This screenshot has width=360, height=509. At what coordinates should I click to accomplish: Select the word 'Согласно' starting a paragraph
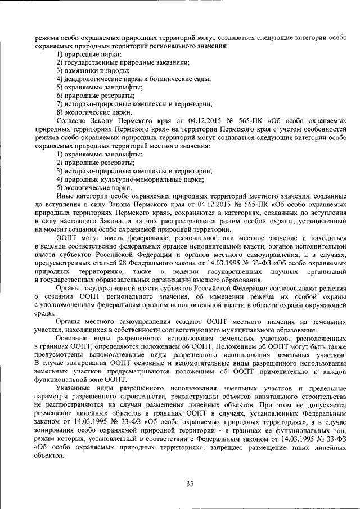[70, 121]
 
